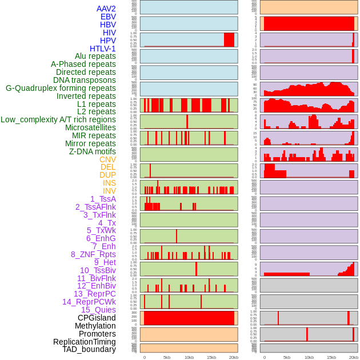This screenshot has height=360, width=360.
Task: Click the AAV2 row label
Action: tap(106, 9)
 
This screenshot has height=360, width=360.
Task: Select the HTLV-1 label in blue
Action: tap(102, 49)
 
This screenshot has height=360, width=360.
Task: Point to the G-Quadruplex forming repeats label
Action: tap(61, 88)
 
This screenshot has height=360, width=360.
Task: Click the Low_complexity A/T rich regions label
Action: tap(58, 119)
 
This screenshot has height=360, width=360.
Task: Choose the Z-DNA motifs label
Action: tap(93, 151)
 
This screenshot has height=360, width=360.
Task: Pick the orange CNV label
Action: tap(107, 159)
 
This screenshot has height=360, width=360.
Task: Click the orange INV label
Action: tap(109, 191)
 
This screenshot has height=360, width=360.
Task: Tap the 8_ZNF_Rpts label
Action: tap(93, 254)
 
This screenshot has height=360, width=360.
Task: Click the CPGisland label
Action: tap(97, 318)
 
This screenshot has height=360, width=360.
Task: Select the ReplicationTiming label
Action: tap(85, 342)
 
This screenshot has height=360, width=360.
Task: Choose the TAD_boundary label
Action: tap(89, 349)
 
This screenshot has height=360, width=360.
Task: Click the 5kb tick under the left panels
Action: tap(167, 357)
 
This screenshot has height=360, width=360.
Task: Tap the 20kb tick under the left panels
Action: tap(234, 357)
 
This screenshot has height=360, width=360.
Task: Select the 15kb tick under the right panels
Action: tap(331, 357)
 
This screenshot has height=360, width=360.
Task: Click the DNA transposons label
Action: tap(85, 80)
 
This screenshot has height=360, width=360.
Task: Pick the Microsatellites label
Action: tap(90, 127)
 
